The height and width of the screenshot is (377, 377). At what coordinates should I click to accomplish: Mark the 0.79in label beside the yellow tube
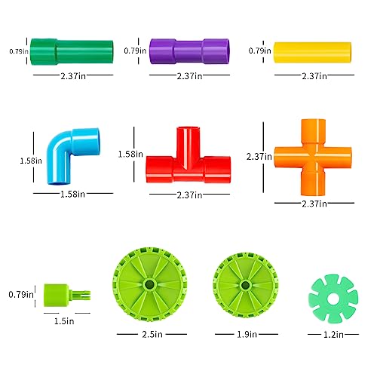tap(259, 51)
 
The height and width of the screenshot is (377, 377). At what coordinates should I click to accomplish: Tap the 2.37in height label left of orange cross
tap(258, 157)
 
